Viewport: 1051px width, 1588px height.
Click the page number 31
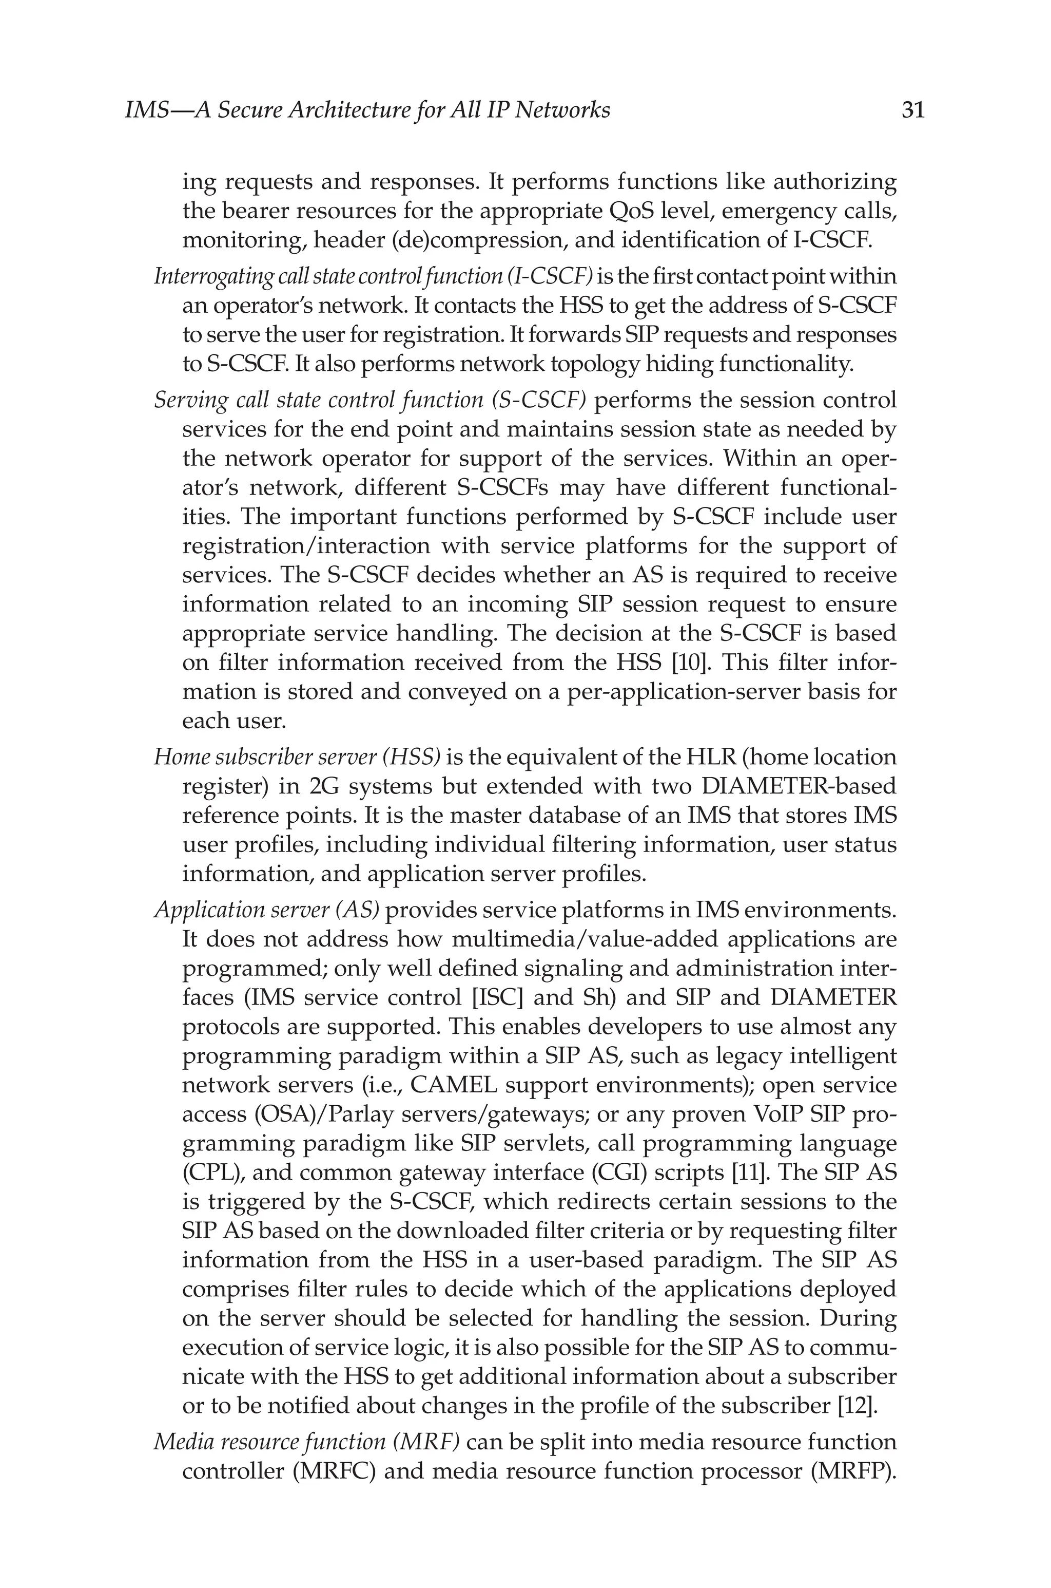(913, 110)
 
